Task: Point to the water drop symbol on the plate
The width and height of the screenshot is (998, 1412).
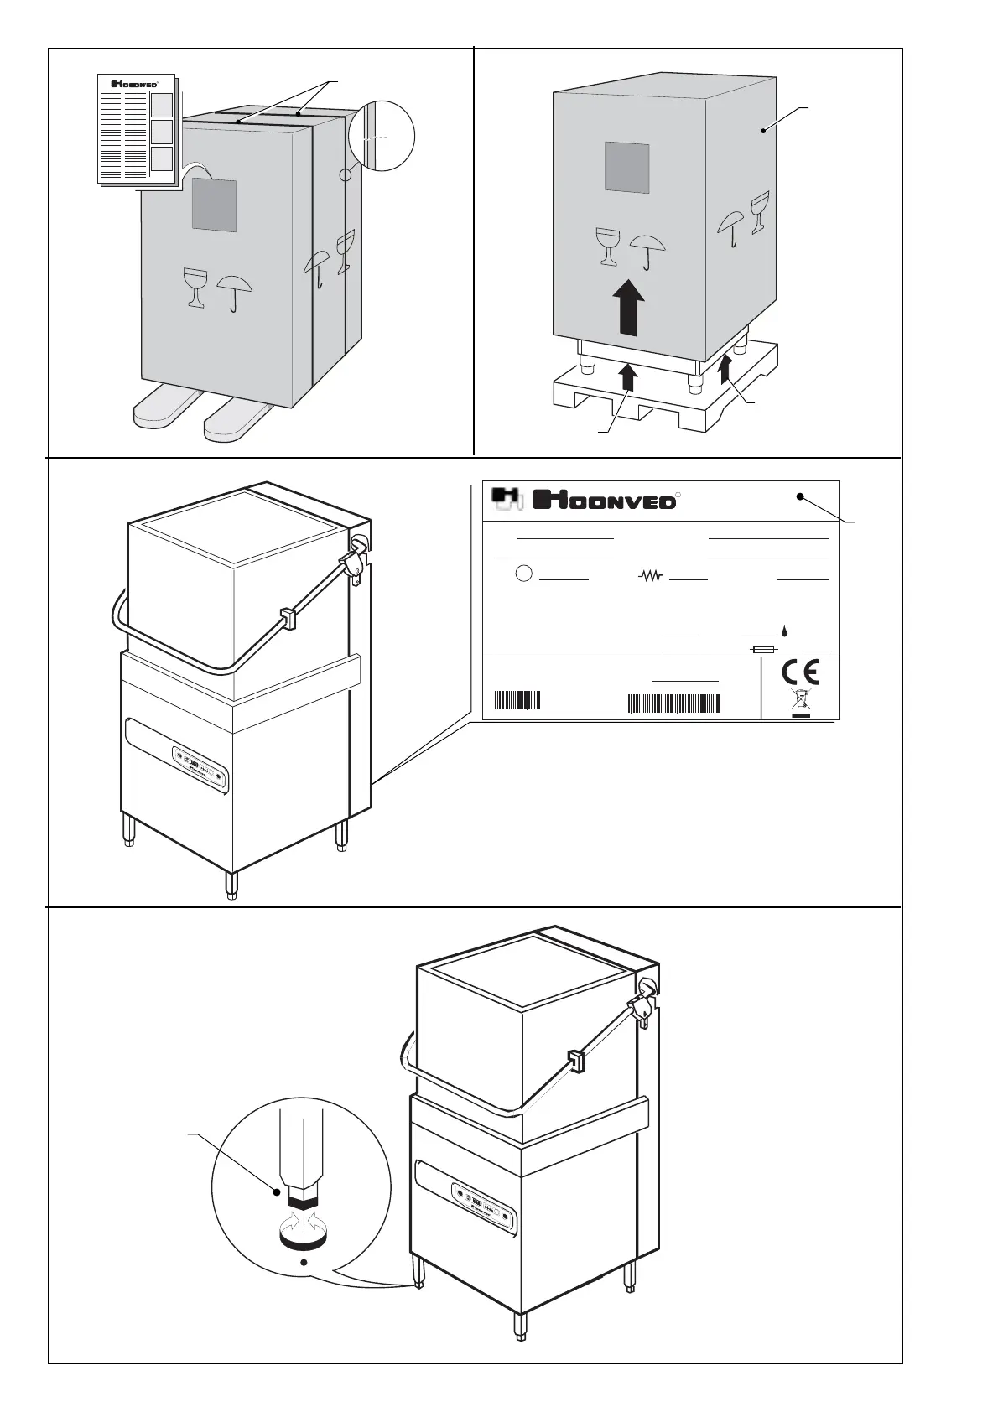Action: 784,630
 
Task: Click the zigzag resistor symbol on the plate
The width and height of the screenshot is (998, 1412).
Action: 651,576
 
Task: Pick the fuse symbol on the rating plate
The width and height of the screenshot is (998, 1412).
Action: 763,650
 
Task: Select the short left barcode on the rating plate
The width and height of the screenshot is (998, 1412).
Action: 517,700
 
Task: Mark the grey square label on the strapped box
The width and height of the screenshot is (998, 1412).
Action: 214,205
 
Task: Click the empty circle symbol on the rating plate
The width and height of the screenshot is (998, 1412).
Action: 522,574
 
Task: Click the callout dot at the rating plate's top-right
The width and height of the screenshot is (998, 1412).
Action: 801,497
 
